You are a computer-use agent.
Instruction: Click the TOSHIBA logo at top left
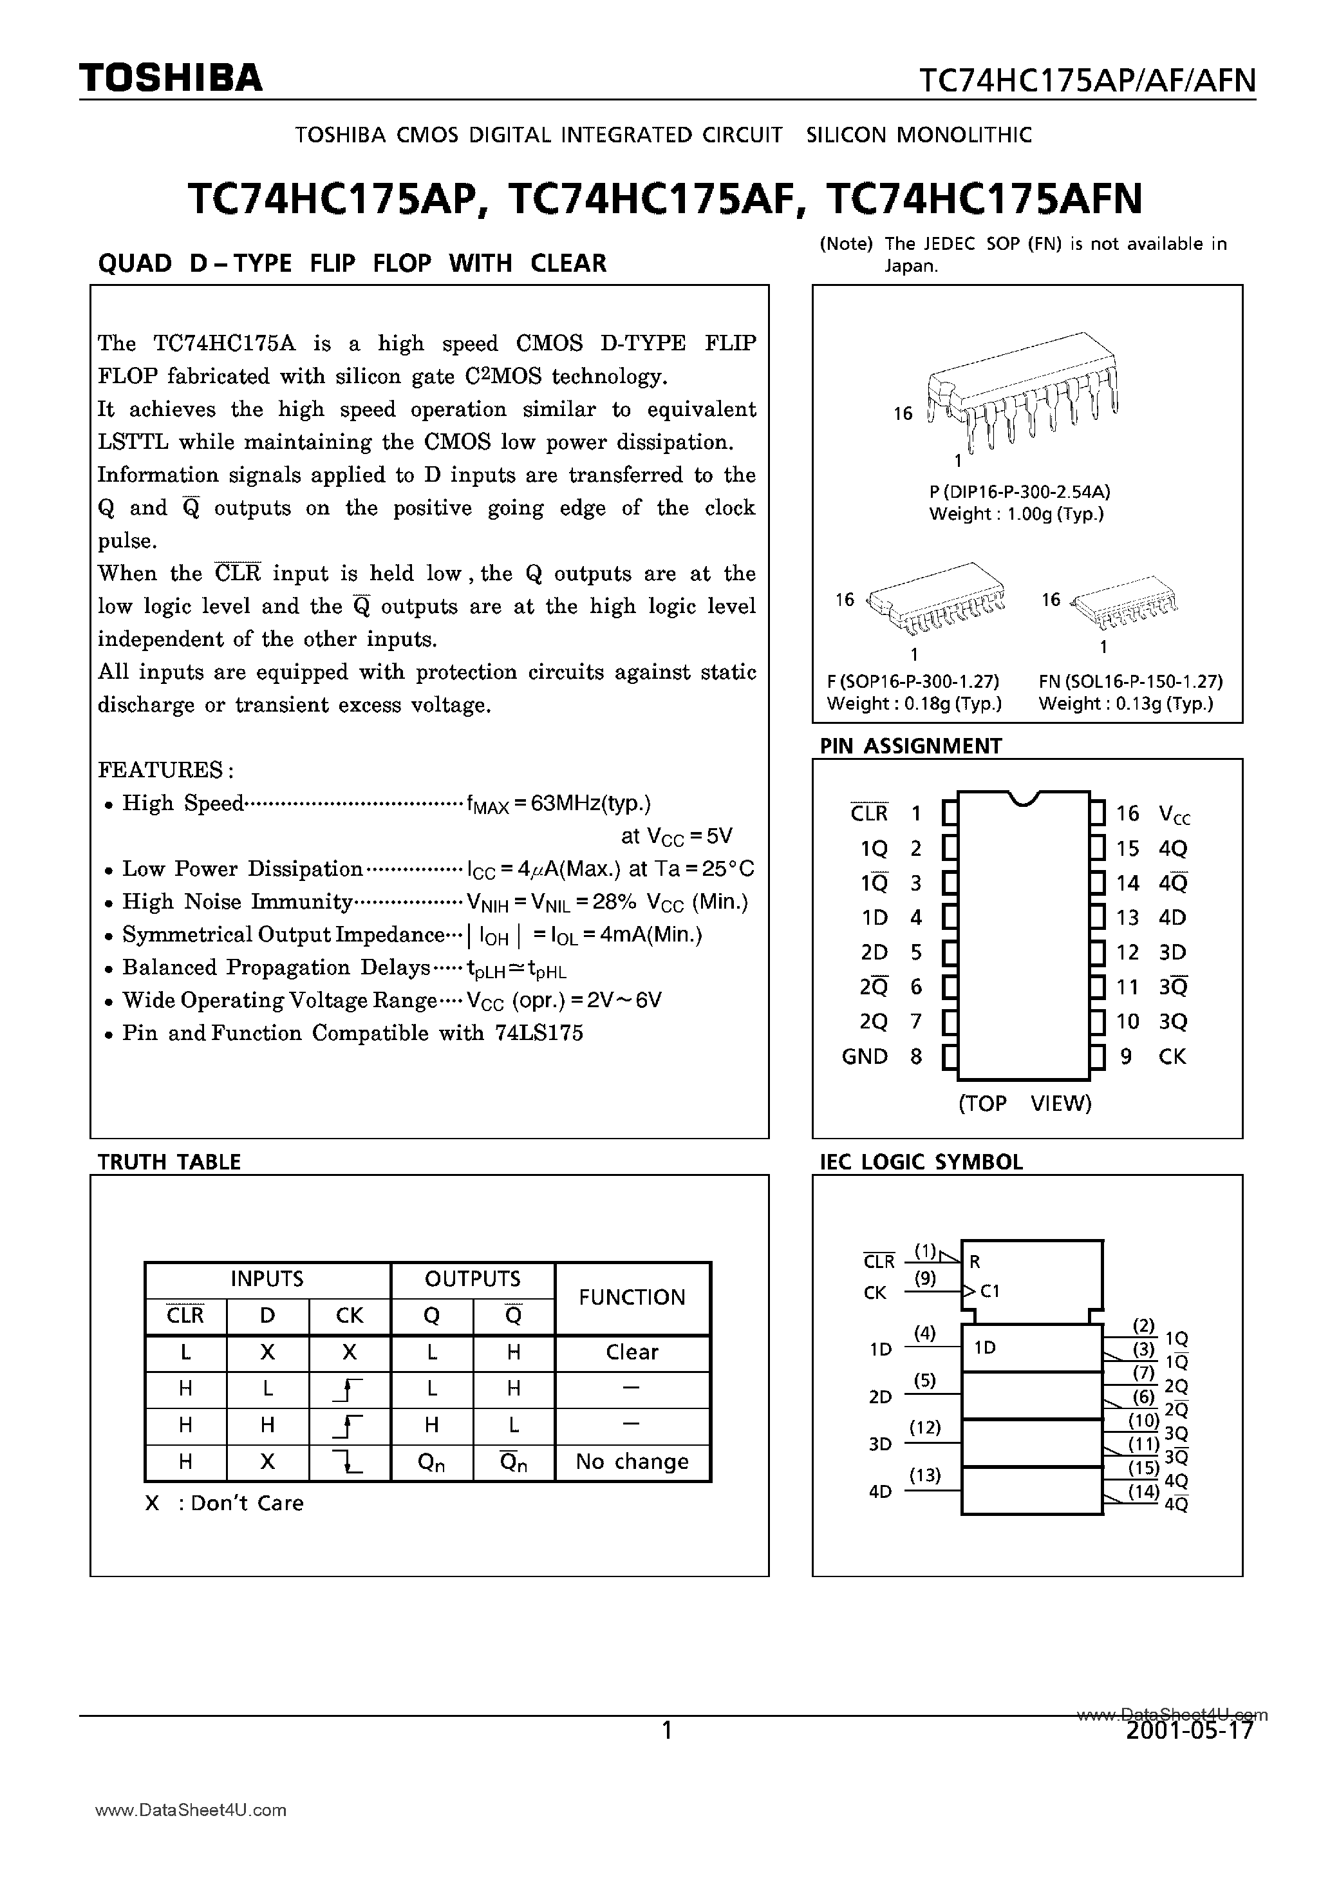[x=171, y=78]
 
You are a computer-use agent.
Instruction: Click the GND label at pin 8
[x=865, y=1056]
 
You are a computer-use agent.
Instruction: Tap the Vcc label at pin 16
[x=1174, y=815]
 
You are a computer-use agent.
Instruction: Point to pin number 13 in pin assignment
[x=1127, y=918]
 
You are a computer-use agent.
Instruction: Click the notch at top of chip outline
[x=1024, y=797]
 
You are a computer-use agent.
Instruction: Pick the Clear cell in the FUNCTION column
[x=632, y=1352]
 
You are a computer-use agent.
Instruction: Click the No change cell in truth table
[x=632, y=1461]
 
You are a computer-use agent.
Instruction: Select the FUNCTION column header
[x=632, y=1298]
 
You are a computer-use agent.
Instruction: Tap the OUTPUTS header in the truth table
[x=473, y=1278]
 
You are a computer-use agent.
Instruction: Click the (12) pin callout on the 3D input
[x=924, y=1428]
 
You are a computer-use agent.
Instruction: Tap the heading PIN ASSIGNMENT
[x=910, y=746]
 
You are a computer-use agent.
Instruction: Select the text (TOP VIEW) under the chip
[x=1025, y=1103]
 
